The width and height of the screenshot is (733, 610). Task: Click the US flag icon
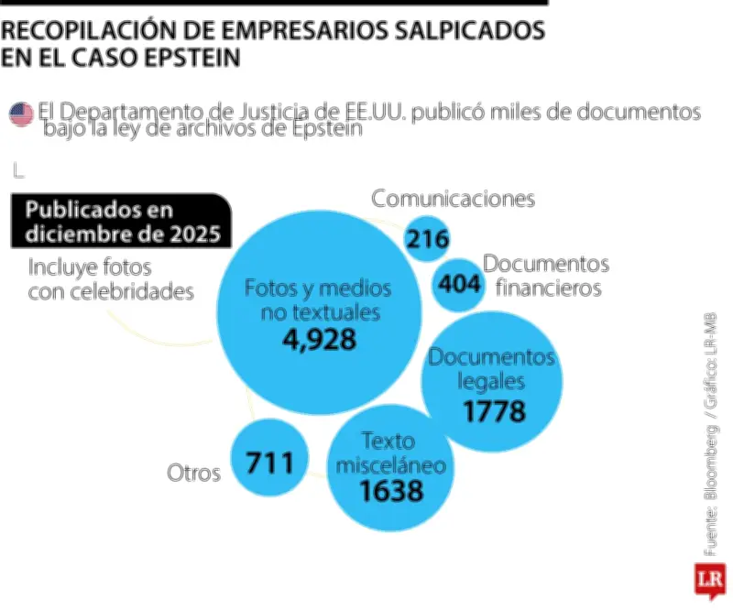click(x=20, y=114)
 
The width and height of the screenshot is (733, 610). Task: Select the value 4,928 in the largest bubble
click(x=318, y=339)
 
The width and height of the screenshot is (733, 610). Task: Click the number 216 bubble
click(x=428, y=240)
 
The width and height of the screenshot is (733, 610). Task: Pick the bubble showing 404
click(x=458, y=284)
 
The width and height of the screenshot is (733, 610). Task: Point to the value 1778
click(x=494, y=411)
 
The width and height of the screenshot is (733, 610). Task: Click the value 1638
click(x=390, y=491)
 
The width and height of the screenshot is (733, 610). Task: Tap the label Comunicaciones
click(x=453, y=198)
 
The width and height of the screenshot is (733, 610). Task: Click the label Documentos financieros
click(x=544, y=276)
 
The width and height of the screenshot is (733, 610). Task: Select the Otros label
click(x=193, y=473)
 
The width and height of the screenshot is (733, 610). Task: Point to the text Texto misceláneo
click(x=390, y=452)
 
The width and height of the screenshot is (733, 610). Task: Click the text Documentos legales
click(x=492, y=368)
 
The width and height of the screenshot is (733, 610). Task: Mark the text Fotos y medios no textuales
click(x=318, y=300)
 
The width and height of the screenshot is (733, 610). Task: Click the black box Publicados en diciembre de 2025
click(x=122, y=222)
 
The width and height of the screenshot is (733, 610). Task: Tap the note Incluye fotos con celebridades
click(x=110, y=279)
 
